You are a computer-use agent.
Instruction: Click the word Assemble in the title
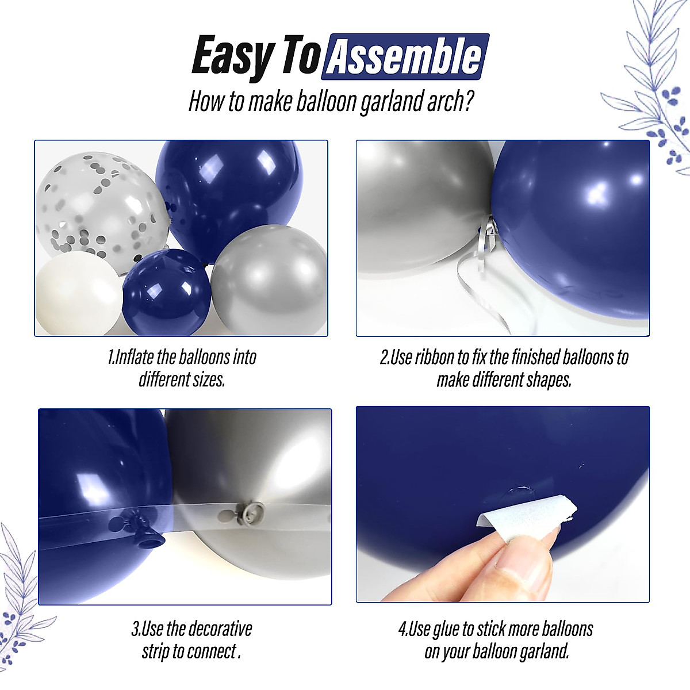[x=406, y=56]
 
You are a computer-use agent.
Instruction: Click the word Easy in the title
[x=233, y=56]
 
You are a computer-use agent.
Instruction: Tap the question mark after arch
[x=469, y=102]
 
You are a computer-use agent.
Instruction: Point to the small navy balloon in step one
[x=166, y=292]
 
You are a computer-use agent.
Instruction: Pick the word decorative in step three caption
[x=220, y=628]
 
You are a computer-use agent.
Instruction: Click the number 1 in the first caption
[x=110, y=358]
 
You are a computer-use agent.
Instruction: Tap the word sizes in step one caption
[x=206, y=380]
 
